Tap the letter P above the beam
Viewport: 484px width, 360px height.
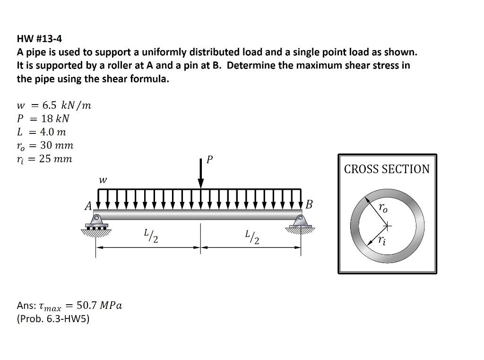[210, 160]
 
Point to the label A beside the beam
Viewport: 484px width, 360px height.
[88, 206]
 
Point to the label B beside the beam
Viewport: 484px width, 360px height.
[309, 205]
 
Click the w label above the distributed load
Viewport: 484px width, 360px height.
[103, 180]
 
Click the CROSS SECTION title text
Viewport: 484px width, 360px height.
[387, 169]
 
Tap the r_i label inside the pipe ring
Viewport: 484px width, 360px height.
[382, 241]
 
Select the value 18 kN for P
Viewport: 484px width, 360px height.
[55, 118]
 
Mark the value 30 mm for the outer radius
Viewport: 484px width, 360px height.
[57, 145]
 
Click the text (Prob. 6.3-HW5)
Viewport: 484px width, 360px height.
[53, 319]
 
